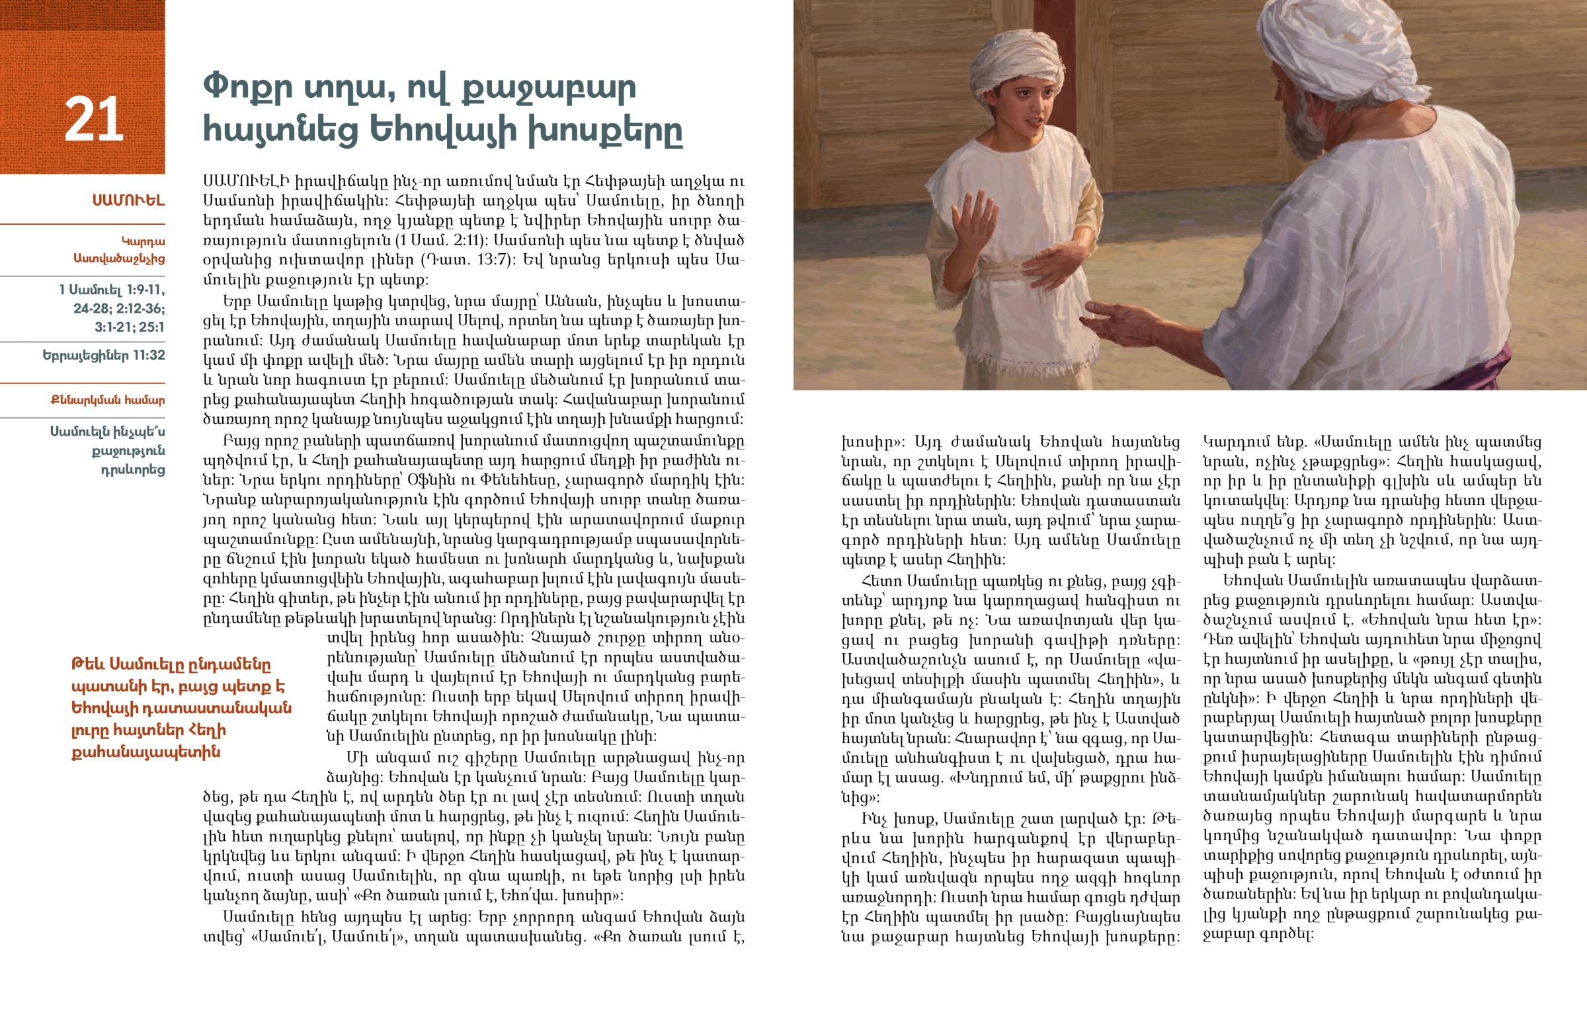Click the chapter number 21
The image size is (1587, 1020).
pyautogui.click(x=93, y=120)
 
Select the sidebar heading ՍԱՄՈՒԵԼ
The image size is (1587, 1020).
pyautogui.click(x=128, y=200)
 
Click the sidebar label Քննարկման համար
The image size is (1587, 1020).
pyautogui.click(x=107, y=400)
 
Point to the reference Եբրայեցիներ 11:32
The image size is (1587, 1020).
pyautogui.click(x=103, y=355)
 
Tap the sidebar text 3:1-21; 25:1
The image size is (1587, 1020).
pyautogui.click(x=129, y=327)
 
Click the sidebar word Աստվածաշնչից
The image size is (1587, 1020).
pyautogui.click(x=119, y=259)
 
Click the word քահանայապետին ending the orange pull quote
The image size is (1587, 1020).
pyautogui.click(x=145, y=752)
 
